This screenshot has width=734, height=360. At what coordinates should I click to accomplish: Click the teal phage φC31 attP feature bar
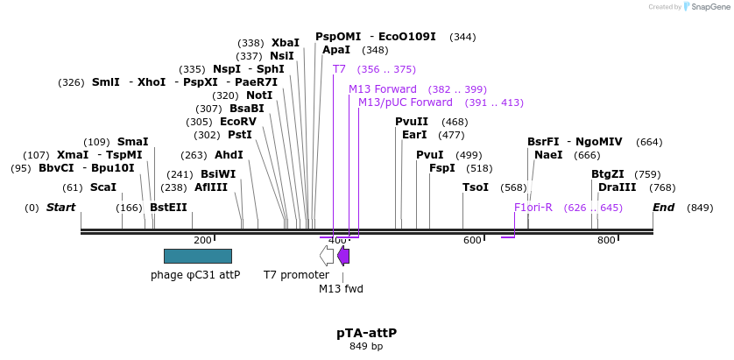pyautogui.click(x=197, y=256)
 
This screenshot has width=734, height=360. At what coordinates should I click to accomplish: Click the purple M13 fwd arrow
pyautogui.click(x=343, y=256)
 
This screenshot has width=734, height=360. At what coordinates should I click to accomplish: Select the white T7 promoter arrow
pyautogui.click(x=326, y=256)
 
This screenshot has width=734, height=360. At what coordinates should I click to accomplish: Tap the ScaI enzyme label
pyautogui.click(x=102, y=187)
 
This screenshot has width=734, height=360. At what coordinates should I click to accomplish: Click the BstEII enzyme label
pyautogui.click(x=168, y=208)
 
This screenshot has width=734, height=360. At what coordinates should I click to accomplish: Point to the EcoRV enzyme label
pyautogui.click(x=238, y=122)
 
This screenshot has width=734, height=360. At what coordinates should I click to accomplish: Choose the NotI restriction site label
pyautogui.click(x=259, y=95)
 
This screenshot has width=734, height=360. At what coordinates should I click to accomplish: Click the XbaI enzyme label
pyautogui.click(x=285, y=43)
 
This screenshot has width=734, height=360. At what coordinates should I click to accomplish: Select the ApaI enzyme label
pyautogui.click(x=336, y=50)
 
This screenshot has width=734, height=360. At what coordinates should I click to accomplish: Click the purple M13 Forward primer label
pyautogui.click(x=383, y=89)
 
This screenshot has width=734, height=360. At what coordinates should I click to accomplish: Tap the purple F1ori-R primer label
pyautogui.click(x=533, y=208)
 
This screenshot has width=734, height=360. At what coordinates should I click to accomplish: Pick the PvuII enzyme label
pyautogui.click(x=412, y=122)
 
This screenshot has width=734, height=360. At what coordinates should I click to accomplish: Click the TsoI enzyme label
pyautogui.click(x=476, y=187)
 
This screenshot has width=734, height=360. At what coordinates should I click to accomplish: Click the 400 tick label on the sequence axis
pyautogui.click(x=337, y=240)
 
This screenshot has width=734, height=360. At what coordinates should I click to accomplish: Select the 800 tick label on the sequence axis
pyautogui.click(x=606, y=240)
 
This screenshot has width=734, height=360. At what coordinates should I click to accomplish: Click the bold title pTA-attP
pyautogui.click(x=366, y=333)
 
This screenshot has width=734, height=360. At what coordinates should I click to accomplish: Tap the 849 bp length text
pyautogui.click(x=366, y=347)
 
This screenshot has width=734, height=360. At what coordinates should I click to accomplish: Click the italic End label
pyautogui.click(x=664, y=208)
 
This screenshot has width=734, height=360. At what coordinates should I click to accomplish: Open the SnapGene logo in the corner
pyautogui.click(x=705, y=7)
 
